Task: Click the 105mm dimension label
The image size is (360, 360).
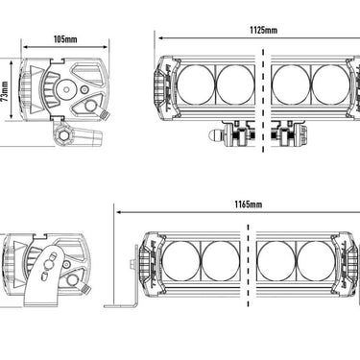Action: pos(65,39)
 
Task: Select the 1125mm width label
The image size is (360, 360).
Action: pos(263,30)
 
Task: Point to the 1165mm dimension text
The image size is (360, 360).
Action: pos(249,204)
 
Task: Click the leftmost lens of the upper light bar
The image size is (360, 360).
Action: pos(196,84)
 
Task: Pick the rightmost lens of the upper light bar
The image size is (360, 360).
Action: pos(330,84)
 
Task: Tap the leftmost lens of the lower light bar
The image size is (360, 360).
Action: pos(180,260)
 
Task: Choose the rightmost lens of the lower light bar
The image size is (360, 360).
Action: pos(316,260)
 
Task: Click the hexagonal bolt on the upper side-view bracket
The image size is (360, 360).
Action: pos(62,135)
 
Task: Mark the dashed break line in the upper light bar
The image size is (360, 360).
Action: pos(263,101)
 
